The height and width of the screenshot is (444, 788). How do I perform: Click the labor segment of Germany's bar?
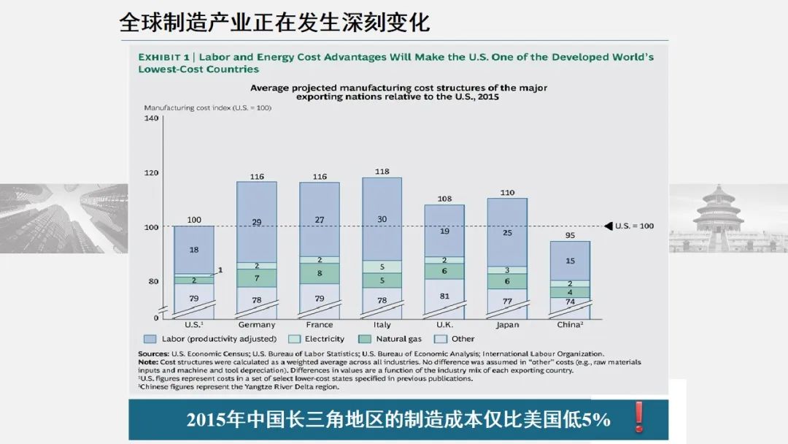[x=257, y=221]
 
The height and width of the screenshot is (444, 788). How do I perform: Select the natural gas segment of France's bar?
[x=320, y=274]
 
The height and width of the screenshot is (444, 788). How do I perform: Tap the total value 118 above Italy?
[x=382, y=171]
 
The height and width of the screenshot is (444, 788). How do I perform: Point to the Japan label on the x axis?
[x=507, y=325]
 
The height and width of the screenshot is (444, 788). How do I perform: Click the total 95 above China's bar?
[x=570, y=235]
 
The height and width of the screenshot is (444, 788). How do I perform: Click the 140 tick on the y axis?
[x=151, y=118]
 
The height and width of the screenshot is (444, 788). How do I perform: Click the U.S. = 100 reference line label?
[x=635, y=226]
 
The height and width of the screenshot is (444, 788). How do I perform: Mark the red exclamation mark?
[x=640, y=417]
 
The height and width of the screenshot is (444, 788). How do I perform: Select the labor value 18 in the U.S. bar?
[x=194, y=250]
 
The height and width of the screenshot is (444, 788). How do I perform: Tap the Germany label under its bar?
[x=257, y=325]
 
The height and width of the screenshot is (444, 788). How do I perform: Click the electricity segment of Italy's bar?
[x=382, y=267]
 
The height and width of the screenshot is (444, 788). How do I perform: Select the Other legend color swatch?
[x=440, y=339]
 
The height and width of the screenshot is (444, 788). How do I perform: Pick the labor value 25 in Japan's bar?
[x=507, y=233]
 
